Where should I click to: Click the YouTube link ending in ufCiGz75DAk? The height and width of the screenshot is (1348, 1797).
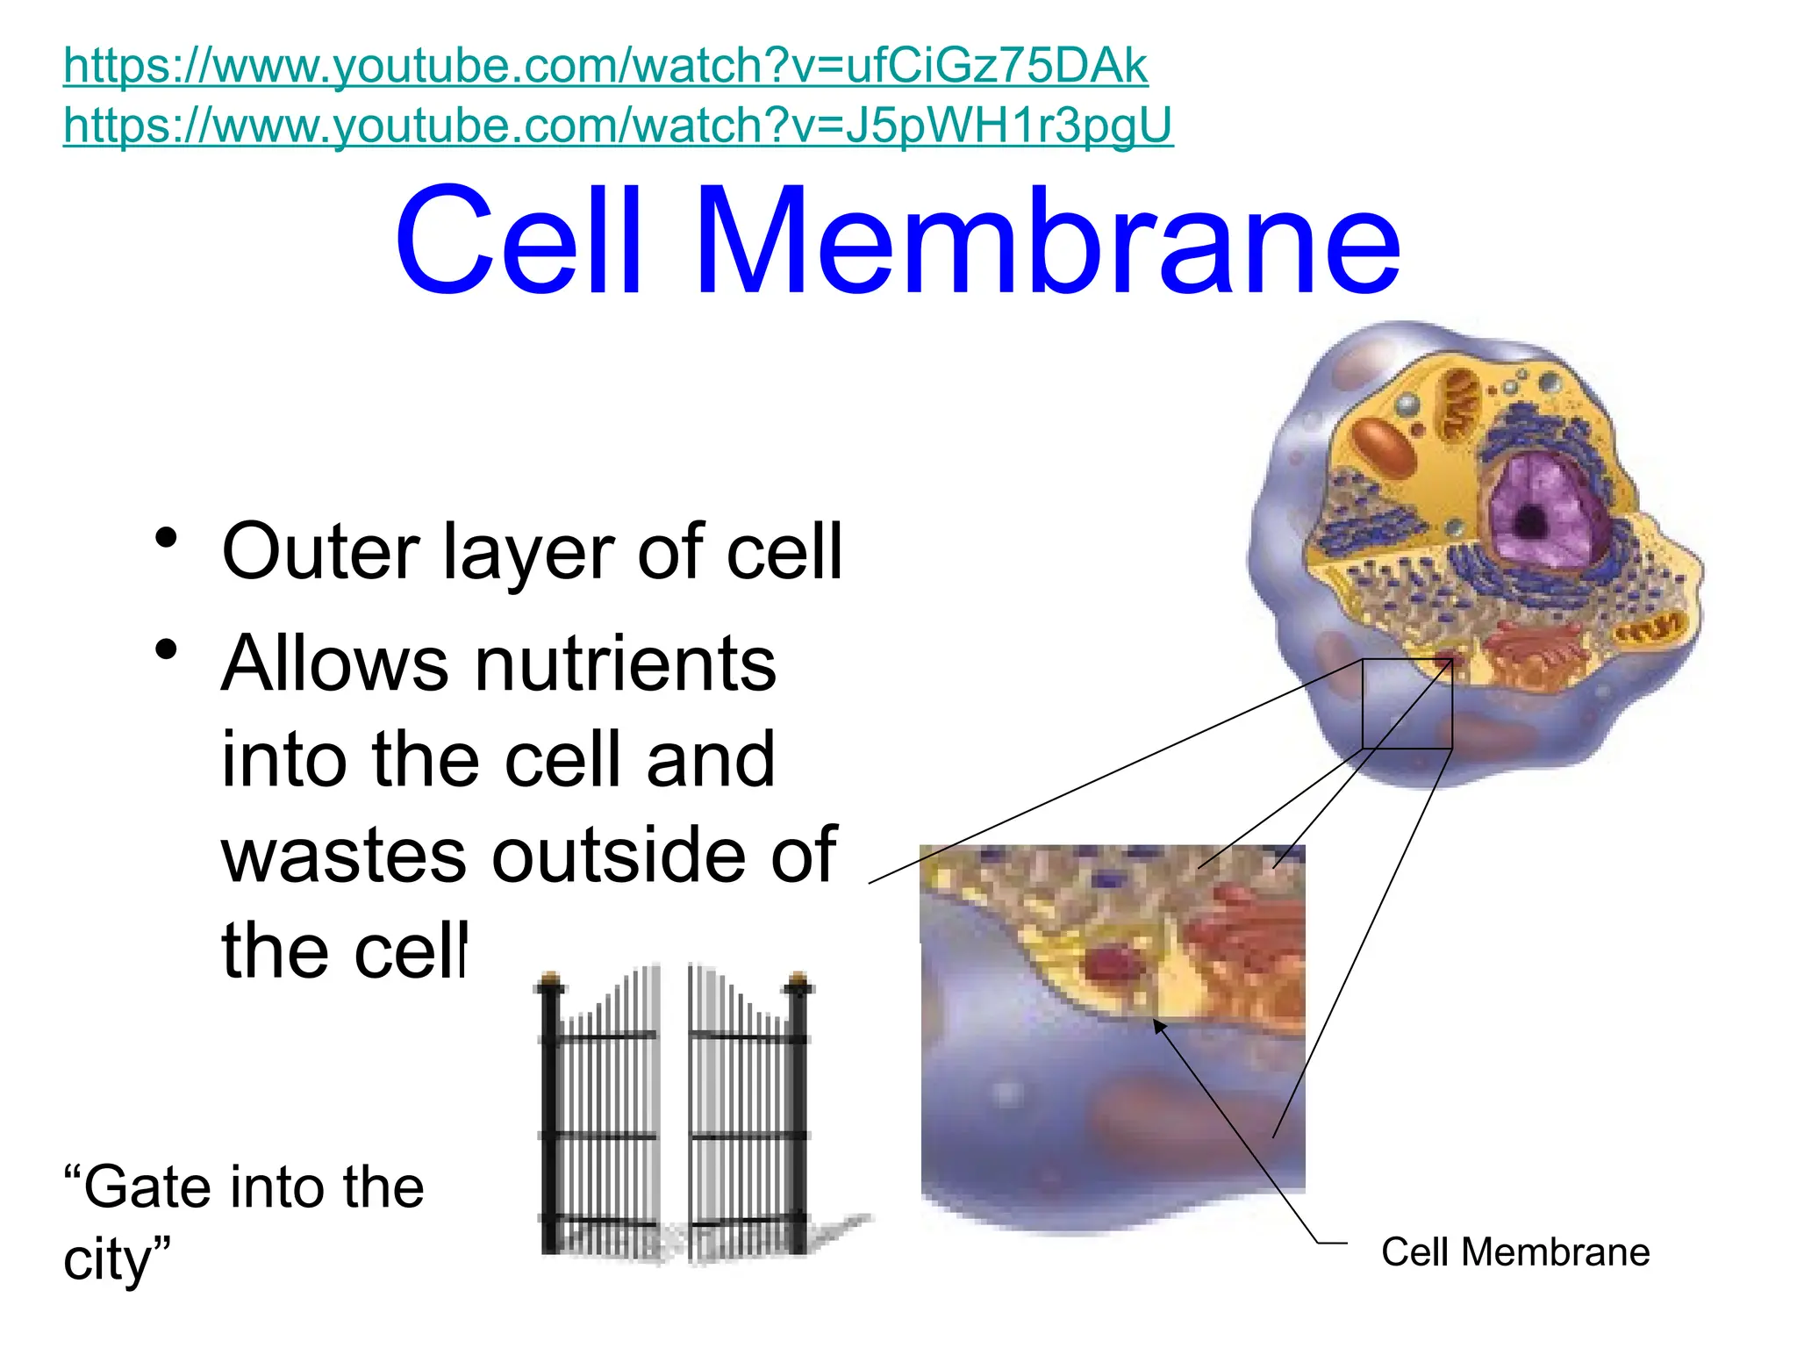coord(605,66)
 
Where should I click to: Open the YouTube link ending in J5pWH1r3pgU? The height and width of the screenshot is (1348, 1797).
coord(618,125)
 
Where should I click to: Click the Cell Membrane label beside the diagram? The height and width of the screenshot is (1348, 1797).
coord(1515,1252)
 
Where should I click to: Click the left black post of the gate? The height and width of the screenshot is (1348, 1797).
coord(550,1115)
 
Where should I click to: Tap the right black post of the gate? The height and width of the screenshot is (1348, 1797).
coord(798,1115)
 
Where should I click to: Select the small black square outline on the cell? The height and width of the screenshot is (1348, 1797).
coord(1407,704)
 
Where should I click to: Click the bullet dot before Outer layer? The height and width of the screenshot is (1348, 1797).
coord(166,538)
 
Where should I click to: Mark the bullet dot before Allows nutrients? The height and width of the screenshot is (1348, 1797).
coord(166,650)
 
